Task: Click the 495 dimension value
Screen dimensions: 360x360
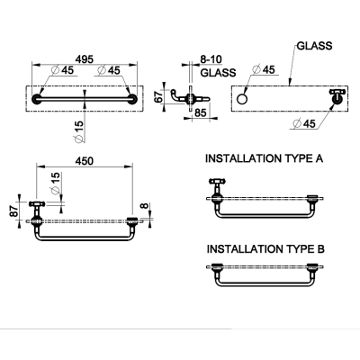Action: (85, 59)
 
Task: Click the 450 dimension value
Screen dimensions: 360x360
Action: (85, 161)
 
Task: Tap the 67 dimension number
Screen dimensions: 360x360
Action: (159, 97)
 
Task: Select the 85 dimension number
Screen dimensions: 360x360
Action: (201, 112)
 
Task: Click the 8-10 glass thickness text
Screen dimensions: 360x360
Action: (211, 59)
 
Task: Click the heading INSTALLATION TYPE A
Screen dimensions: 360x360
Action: (264, 158)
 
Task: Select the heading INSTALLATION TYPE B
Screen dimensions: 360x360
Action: (265, 249)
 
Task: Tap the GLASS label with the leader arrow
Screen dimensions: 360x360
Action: (315, 46)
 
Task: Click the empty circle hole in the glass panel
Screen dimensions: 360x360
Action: (242, 99)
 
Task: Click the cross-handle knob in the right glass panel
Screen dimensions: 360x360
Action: (337, 96)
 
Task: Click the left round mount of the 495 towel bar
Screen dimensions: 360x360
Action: (37, 99)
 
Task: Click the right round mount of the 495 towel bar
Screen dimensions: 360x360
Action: (132, 99)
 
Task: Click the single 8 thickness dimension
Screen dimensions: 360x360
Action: (145, 207)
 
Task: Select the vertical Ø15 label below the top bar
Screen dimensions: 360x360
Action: (78, 130)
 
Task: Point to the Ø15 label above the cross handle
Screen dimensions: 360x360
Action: (55, 184)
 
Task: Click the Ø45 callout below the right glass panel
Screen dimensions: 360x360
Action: (304, 123)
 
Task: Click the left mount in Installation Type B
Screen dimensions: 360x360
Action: (216, 266)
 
